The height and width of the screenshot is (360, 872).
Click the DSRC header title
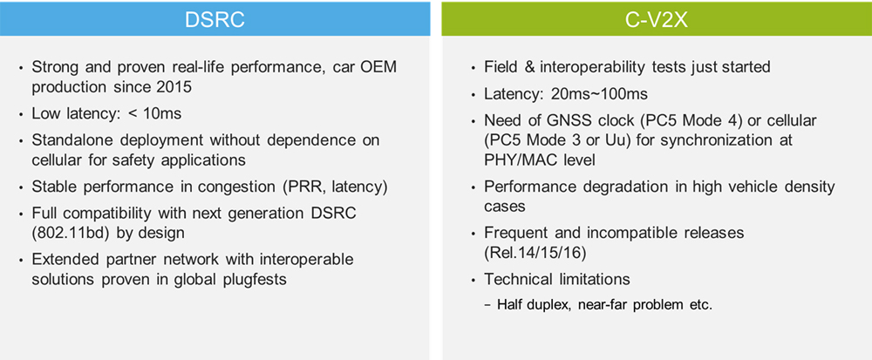(x=215, y=19)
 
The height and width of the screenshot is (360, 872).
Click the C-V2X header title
(x=657, y=19)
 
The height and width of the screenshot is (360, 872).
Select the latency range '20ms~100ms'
(x=598, y=94)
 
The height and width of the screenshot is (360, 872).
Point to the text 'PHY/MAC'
(x=514, y=160)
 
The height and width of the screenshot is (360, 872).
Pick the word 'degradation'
(x=606, y=187)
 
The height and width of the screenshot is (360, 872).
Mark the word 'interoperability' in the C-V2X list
(x=589, y=68)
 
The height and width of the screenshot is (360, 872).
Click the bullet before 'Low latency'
(x=21, y=115)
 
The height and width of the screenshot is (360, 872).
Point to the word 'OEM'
(x=380, y=68)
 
